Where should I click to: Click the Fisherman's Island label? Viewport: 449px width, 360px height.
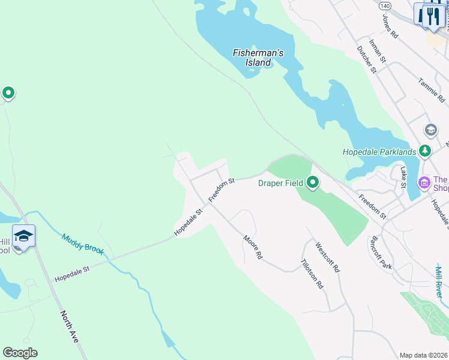coord(258,58)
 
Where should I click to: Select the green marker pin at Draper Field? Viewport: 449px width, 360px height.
coord(312,181)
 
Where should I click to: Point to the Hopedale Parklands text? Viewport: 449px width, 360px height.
coord(379,152)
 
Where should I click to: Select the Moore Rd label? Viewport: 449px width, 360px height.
coord(253,247)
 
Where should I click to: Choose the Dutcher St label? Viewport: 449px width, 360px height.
coord(366,59)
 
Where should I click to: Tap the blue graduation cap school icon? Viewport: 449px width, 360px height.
coord(23,236)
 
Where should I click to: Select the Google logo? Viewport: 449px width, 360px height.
coord(20,352)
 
